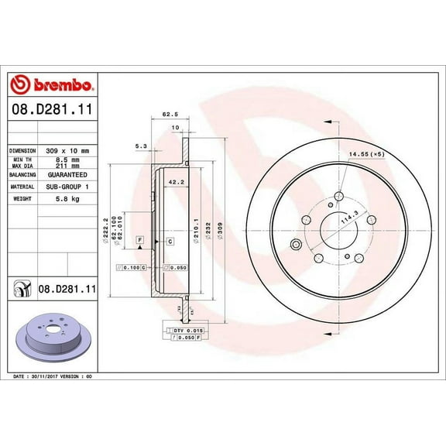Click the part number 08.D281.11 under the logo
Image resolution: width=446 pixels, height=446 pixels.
[51, 111]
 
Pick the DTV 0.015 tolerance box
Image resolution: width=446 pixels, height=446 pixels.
[184, 331]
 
